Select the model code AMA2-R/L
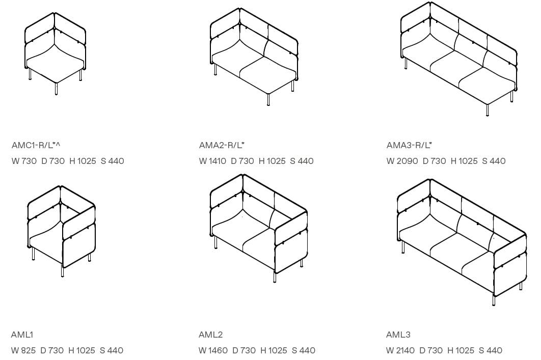point(222,145)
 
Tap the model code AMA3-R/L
point(409,145)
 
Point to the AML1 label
point(22,335)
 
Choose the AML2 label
point(210,335)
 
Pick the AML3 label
point(398,335)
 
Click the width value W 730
point(24,161)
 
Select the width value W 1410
point(212,161)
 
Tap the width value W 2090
point(402,161)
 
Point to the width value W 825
point(23,350)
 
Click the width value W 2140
point(400,350)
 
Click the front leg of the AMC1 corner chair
point(56,89)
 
